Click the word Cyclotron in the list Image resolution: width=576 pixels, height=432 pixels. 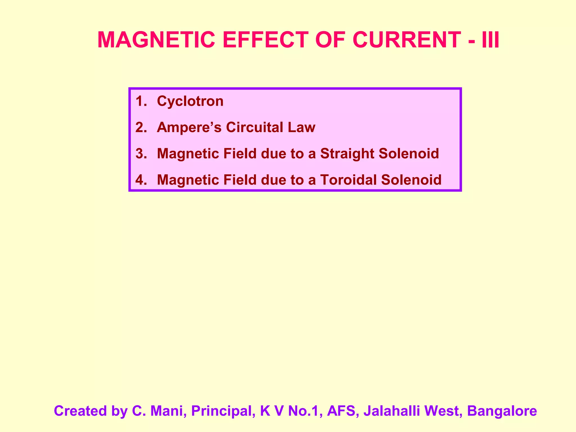tap(190, 101)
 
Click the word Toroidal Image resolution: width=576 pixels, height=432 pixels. tap(348, 180)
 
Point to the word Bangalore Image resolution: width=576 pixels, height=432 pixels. tap(502, 411)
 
